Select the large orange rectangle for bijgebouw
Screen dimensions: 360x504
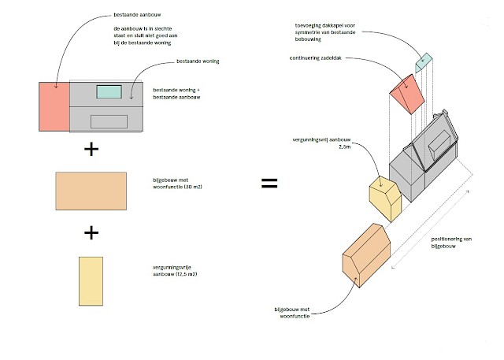pyautogui.click(x=91, y=191)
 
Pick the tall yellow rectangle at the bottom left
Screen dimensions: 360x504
pyautogui.click(x=90, y=280)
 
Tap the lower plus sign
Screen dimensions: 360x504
pyautogui.click(x=91, y=232)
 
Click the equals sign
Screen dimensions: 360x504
pyautogui.click(x=269, y=183)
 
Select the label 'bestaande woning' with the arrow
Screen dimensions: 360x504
pyautogui.click(x=198, y=61)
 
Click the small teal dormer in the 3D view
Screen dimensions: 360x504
pyautogui.click(x=424, y=61)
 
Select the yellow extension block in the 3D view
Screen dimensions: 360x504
pyautogui.click(x=386, y=197)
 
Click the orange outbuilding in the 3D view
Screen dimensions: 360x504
pyautogui.click(x=365, y=257)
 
